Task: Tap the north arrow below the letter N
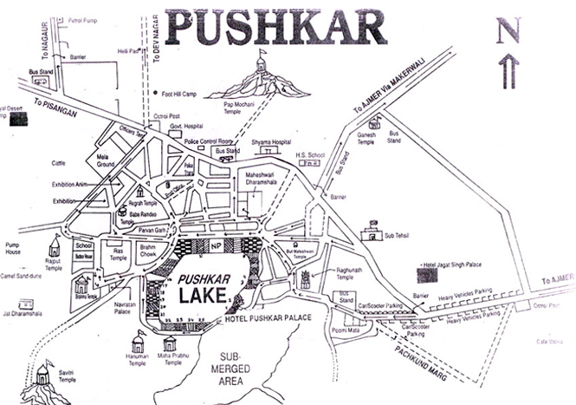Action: [x=509, y=72]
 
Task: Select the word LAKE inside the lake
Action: [x=204, y=297]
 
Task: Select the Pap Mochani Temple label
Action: [x=257, y=108]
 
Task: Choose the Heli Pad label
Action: [x=127, y=52]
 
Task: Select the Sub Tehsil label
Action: [x=398, y=234]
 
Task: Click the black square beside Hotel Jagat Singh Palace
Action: [x=426, y=276]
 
